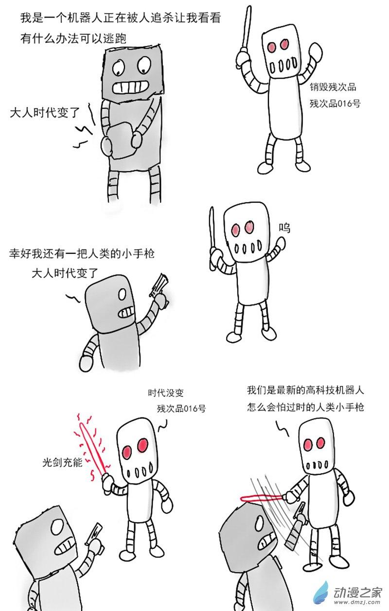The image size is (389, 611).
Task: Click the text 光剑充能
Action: (62, 462)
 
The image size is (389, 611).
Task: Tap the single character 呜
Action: (284, 228)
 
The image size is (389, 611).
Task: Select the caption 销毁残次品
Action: (333, 87)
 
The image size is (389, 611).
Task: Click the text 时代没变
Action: (166, 393)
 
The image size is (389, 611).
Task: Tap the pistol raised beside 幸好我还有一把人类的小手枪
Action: (159, 286)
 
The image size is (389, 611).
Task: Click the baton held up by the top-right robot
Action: (245, 27)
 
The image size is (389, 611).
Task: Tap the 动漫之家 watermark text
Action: (357, 593)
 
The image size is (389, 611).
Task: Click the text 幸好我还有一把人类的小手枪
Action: (82, 254)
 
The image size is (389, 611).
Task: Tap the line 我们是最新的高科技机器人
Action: (305, 390)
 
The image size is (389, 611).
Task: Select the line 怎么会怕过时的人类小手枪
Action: (305, 407)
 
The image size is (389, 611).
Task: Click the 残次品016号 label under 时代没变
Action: (181, 409)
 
